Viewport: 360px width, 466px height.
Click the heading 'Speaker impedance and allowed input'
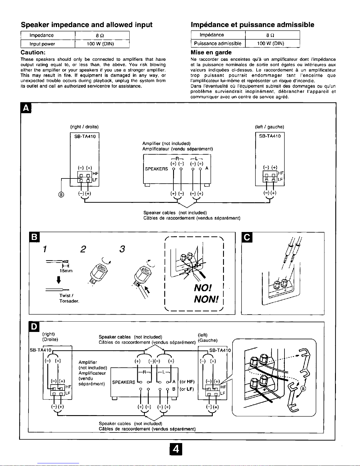click(86, 25)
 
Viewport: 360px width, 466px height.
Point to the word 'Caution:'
click(32, 52)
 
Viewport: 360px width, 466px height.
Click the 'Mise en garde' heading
click(211, 53)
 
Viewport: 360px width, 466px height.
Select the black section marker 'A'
click(26, 108)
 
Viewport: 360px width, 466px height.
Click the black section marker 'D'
click(34, 327)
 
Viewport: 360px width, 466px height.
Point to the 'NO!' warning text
click(203, 287)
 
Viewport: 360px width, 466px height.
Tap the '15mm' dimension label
click(66, 270)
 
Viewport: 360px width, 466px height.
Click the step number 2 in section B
click(83, 249)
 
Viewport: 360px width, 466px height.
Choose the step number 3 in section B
click(122, 249)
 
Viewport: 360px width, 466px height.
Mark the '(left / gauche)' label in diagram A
click(269, 127)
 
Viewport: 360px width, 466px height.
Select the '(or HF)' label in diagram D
click(187, 382)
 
